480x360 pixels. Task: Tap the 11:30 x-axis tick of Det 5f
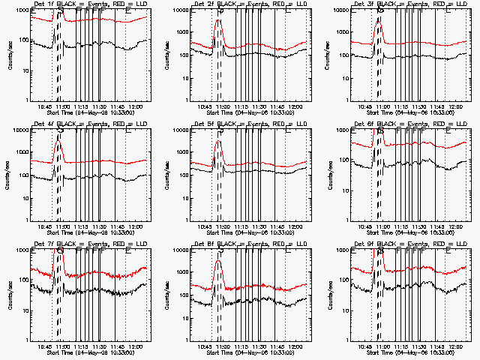coord(258,226)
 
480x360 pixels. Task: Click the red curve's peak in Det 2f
coord(218,20)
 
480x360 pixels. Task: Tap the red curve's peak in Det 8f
coord(218,261)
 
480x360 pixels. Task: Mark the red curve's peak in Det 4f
coord(58,141)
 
